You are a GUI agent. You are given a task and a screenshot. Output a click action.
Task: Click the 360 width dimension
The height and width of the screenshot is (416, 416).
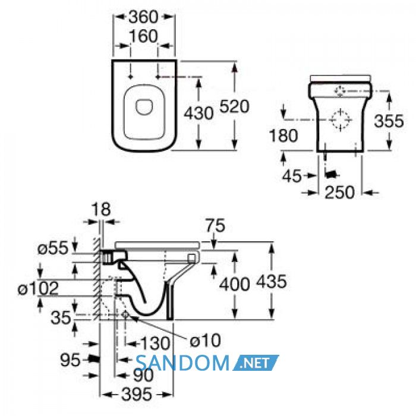(x=143, y=17)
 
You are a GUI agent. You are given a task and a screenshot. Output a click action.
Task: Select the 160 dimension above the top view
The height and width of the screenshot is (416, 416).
(x=144, y=36)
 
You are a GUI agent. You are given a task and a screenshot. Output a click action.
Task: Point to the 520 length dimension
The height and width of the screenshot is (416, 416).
(x=235, y=106)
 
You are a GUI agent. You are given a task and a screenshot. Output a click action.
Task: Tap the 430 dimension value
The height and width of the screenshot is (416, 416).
(x=198, y=114)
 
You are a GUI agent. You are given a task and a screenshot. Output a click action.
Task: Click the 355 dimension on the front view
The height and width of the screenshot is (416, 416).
(x=389, y=121)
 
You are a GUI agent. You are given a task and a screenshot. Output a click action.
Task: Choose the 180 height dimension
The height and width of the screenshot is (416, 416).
(x=283, y=135)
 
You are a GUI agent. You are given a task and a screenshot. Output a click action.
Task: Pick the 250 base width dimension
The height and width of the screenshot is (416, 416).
(x=339, y=193)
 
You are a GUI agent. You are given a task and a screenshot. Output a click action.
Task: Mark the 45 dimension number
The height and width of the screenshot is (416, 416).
(x=292, y=176)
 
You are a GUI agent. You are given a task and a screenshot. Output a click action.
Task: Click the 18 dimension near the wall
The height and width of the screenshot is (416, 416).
(x=101, y=209)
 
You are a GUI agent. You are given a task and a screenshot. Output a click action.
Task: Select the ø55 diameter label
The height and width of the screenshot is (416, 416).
(x=53, y=249)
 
